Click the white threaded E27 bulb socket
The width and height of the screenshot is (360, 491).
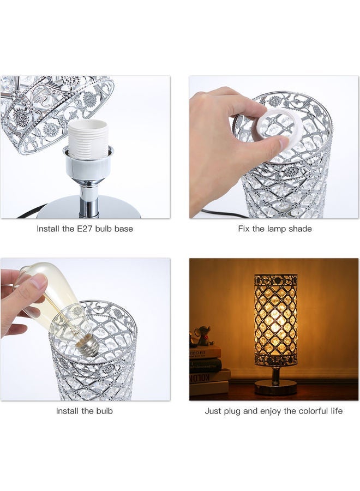coord(87,140)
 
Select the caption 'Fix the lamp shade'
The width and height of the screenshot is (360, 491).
coord(274,229)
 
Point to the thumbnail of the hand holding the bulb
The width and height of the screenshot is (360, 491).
coord(85,330)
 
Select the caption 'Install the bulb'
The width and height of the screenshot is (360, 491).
coord(85,411)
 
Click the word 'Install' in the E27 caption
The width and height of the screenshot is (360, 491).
coord(49,229)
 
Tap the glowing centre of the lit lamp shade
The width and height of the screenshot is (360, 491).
coord(275,319)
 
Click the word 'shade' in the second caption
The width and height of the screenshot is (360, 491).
coord(299,229)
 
